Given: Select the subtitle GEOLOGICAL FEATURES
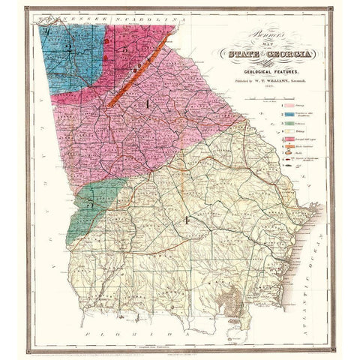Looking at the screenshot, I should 259,67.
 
